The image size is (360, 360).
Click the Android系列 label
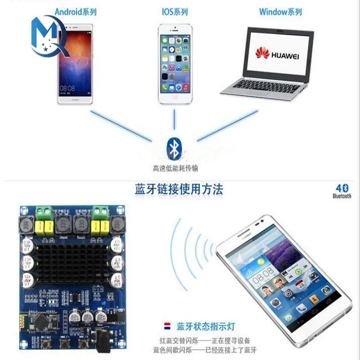76,12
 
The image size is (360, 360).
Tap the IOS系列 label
175,12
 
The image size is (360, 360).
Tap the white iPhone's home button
175,98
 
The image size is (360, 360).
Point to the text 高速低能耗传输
175,169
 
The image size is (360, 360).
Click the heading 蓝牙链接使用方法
179,189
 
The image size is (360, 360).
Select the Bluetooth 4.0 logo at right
342,191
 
